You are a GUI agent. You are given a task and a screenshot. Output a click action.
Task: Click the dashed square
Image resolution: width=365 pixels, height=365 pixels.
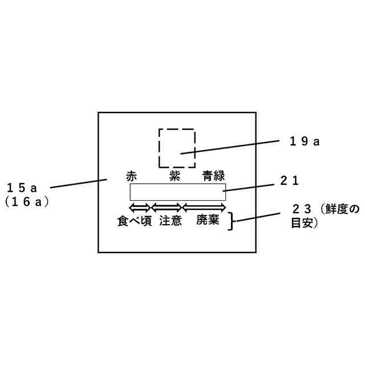[x=177, y=147]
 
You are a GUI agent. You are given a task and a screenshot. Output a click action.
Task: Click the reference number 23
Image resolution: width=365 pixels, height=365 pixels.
[x=301, y=209]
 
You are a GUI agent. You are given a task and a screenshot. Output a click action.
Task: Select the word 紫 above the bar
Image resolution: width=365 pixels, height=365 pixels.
[x=176, y=176]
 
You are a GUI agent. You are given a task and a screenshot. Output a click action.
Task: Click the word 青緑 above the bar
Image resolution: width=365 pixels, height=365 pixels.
[x=214, y=176]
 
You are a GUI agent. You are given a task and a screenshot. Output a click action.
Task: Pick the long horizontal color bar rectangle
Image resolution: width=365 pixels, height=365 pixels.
[x=177, y=192]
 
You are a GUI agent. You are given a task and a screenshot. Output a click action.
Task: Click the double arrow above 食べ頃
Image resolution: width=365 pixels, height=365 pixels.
[x=140, y=206]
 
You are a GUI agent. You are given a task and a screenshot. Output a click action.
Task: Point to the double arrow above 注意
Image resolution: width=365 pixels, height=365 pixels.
[x=166, y=206]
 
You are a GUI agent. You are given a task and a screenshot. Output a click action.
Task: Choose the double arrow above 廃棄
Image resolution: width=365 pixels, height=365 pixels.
[x=204, y=206]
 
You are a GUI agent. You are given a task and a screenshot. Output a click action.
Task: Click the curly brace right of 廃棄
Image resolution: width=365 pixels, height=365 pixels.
[x=232, y=221]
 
